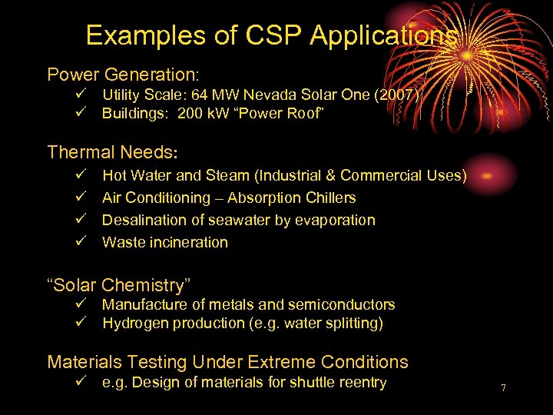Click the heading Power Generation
coord(123,75)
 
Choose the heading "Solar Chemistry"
coord(119,285)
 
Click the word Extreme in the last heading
coord(277,361)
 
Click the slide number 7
coord(503,388)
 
